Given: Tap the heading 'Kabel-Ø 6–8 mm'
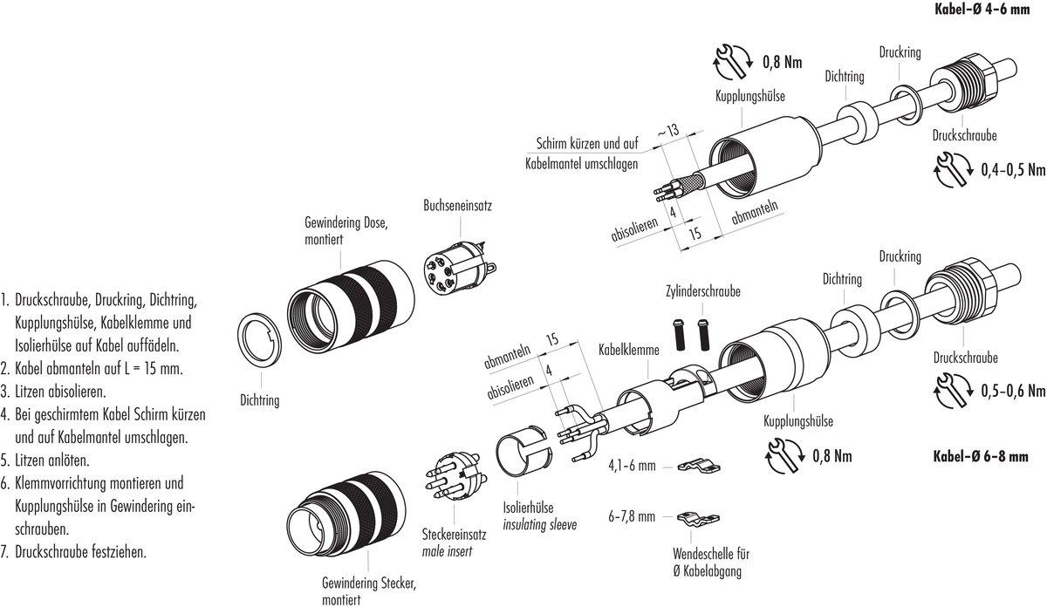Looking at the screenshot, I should pyautogui.click(x=989, y=456).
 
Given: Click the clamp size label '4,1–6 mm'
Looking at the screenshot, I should pyautogui.click(x=632, y=467).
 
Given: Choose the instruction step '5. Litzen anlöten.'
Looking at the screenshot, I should pyautogui.click(x=52, y=460).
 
